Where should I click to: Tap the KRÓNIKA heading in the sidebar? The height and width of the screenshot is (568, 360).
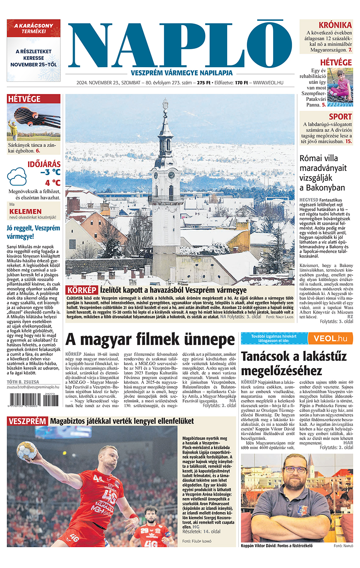pyautogui.click(x=335, y=25)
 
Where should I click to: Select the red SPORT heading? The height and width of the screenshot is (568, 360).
pyautogui.click(x=340, y=117)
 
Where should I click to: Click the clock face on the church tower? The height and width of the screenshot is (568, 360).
pyautogui.click(x=172, y=175)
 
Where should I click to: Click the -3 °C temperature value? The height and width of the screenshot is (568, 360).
pyautogui.click(x=50, y=172)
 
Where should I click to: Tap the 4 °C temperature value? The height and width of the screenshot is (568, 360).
pyautogui.click(x=53, y=183)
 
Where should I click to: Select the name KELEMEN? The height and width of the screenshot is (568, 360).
pyautogui.click(x=26, y=211)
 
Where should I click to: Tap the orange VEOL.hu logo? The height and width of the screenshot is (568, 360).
pyautogui.click(x=330, y=338)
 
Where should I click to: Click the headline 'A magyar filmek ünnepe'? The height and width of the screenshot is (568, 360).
pyautogui.click(x=150, y=340)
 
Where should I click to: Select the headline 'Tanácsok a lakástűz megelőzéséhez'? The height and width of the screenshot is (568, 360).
pyautogui.click(x=294, y=363)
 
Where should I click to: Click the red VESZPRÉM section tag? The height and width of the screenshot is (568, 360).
pyautogui.click(x=27, y=421)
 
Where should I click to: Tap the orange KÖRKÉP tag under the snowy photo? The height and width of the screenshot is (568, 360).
pyautogui.click(x=82, y=290)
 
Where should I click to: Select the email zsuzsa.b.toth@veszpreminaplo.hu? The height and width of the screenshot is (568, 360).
pyautogui.click(x=33, y=387)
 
